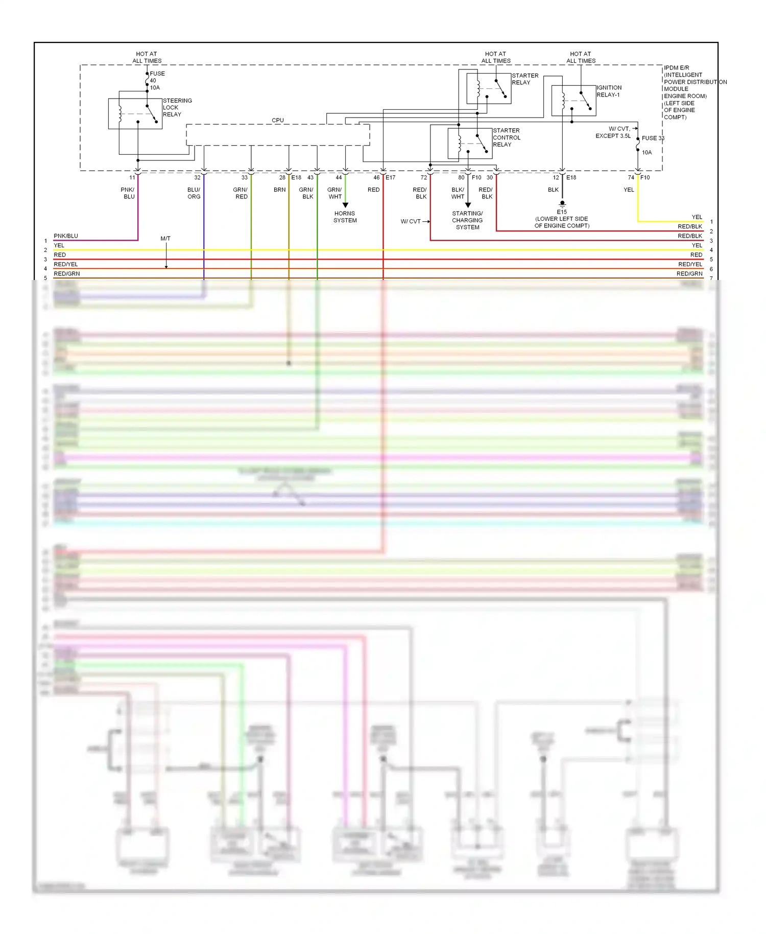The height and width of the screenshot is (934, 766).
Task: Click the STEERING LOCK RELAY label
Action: click(x=177, y=108)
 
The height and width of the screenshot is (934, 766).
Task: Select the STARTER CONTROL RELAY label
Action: click(x=506, y=137)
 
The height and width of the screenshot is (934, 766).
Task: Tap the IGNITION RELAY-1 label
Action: click(x=609, y=91)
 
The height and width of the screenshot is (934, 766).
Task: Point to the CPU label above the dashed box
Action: click(x=277, y=121)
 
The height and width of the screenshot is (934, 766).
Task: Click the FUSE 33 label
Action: click(x=653, y=138)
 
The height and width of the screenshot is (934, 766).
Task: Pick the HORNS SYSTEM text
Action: click(x=345, y=217)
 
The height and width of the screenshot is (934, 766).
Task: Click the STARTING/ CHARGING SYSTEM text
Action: click(x=467, y=220)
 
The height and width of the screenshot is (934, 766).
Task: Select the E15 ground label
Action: click(x=561, y=212)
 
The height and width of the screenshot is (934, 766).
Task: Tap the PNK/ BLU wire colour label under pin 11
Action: click(x=128, y=193)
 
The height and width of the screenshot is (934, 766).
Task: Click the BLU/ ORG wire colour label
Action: click(x=194, y=193)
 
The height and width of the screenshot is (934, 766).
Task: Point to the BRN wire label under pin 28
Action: click(x=279, y=190)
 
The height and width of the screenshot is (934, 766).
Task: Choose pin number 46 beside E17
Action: click(x=376, y=178)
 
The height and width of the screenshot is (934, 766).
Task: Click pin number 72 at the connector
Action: click(x=423, y=178)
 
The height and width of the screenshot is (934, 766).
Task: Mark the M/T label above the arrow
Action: click(x=165, y=239)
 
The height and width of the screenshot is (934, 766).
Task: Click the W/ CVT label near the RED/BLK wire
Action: click(x=411, y=221)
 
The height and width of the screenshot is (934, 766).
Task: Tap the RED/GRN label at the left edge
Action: click(x=66, y=274)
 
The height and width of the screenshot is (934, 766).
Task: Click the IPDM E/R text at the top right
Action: click(x=676, y=67)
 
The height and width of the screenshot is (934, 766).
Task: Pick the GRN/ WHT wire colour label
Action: click(x=334, y=193)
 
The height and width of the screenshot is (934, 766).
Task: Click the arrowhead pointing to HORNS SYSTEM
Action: click(x=345, y=205)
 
